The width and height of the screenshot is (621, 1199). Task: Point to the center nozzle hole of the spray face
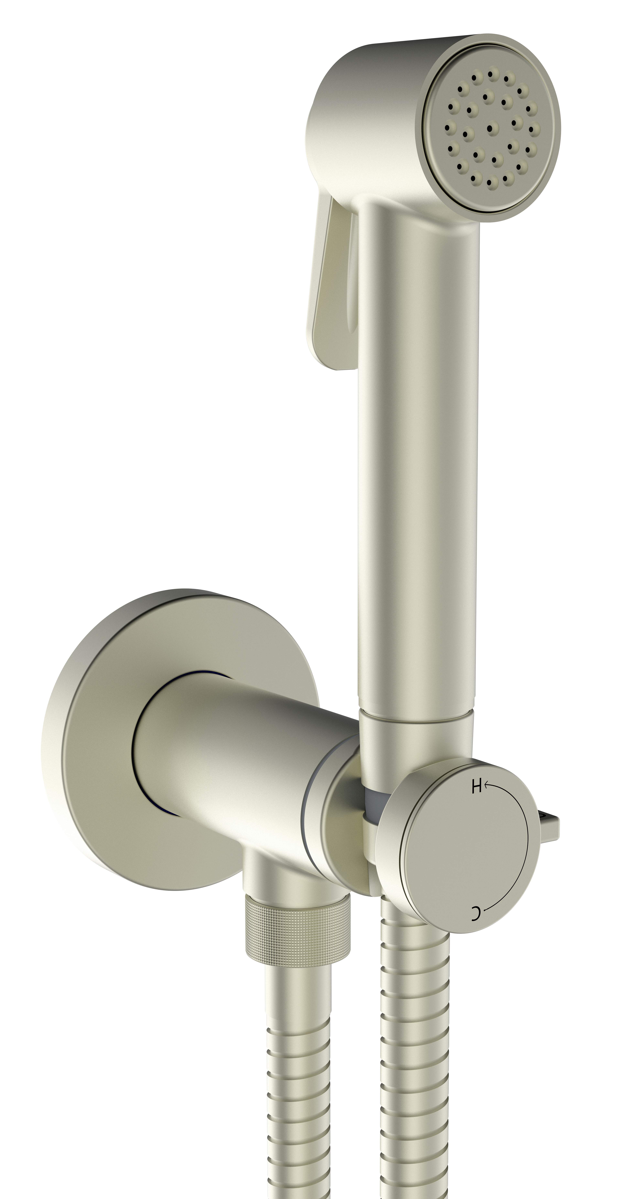click(492, 127)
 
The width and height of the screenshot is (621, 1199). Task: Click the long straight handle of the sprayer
click(417, 465)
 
